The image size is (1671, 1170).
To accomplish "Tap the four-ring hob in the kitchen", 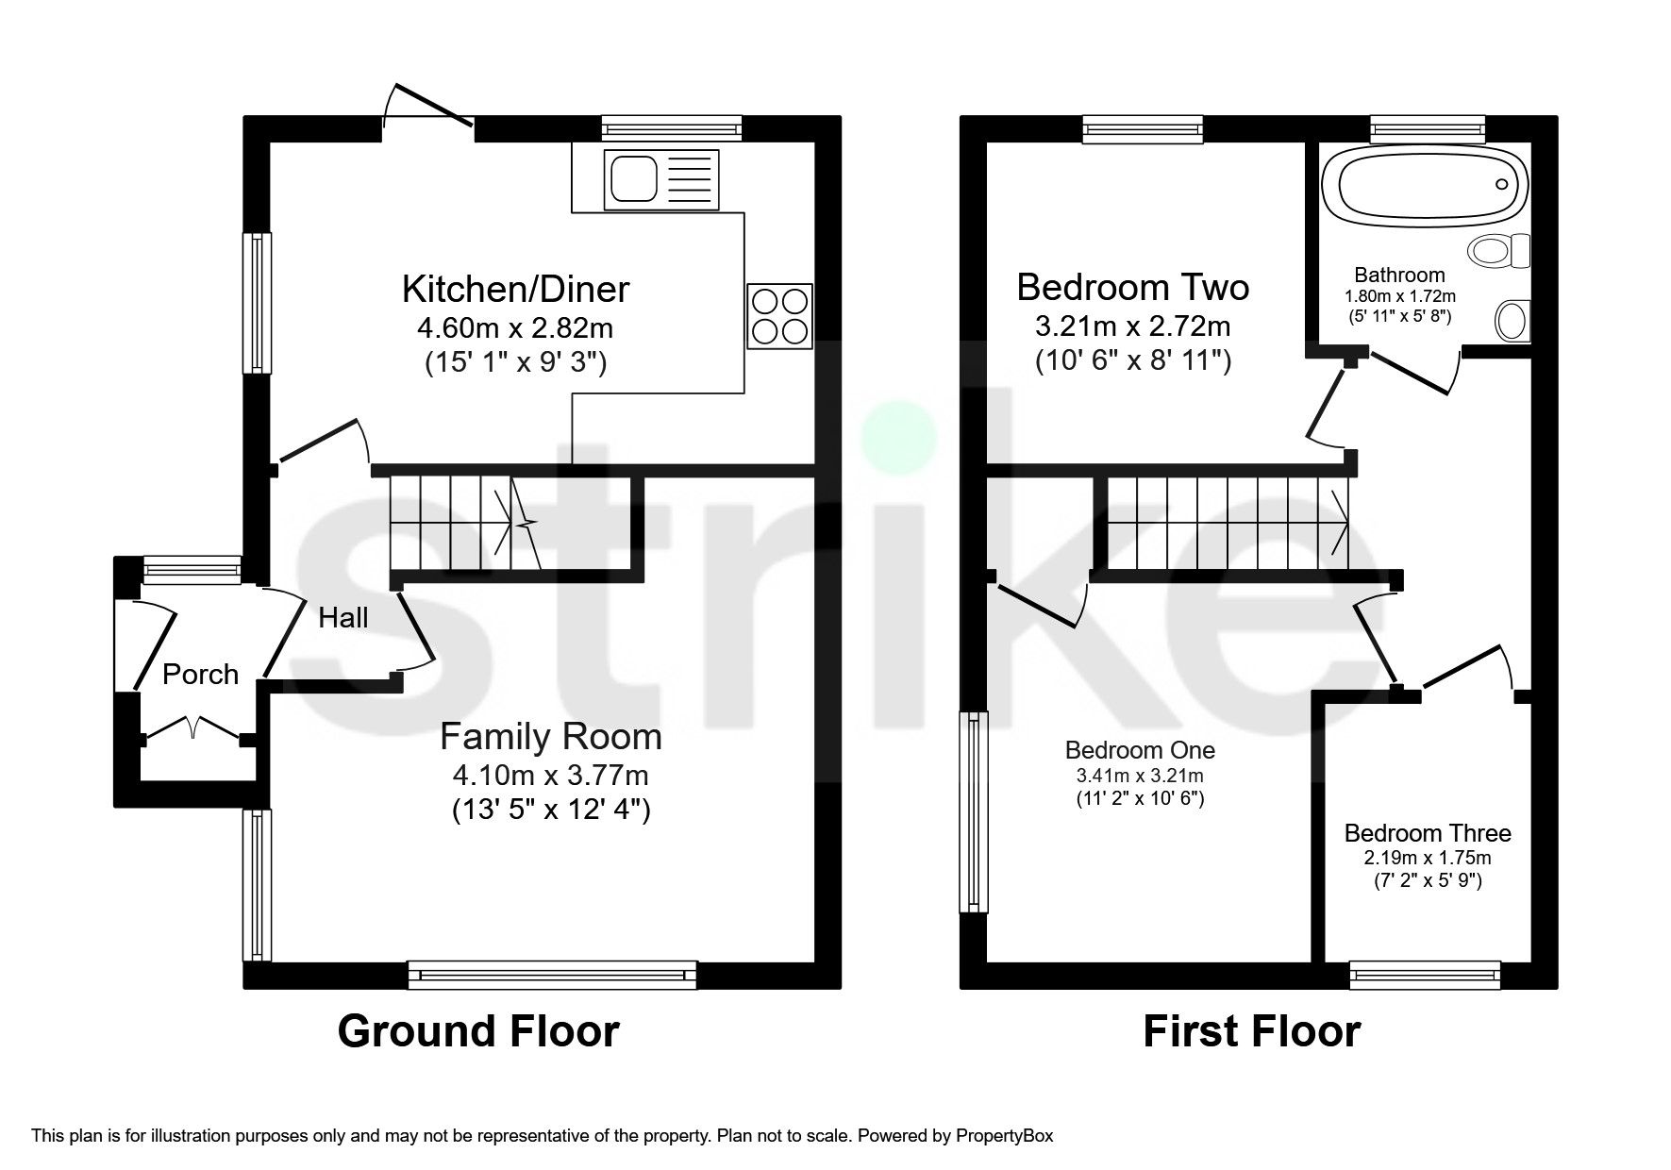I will click(x=779, y=316).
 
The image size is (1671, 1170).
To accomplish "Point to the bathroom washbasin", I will click(x=1512, y=321).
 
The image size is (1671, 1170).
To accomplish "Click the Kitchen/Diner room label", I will click(x=515, y=289).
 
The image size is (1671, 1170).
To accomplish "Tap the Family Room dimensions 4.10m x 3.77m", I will click(x=550, y=776).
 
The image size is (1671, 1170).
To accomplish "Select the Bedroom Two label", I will click(x=1132, y=286).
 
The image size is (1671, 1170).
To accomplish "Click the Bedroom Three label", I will click(x=1427, y=833).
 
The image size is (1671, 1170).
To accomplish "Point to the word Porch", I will click(x=200, y=674).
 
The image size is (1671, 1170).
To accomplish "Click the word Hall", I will click(x=343, y=618).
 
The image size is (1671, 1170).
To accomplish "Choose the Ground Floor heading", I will click(x=477, y=1031).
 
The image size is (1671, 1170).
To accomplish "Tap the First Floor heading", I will click(x=1251, y=1031).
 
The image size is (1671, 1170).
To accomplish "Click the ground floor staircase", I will click(x=462, y=524).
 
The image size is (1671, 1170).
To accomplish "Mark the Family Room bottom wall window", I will click(x=552, y=976).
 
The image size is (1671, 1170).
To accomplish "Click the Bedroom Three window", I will click(x=1424, y=976).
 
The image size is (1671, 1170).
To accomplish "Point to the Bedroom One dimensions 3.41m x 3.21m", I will click(x=1140, y=777).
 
